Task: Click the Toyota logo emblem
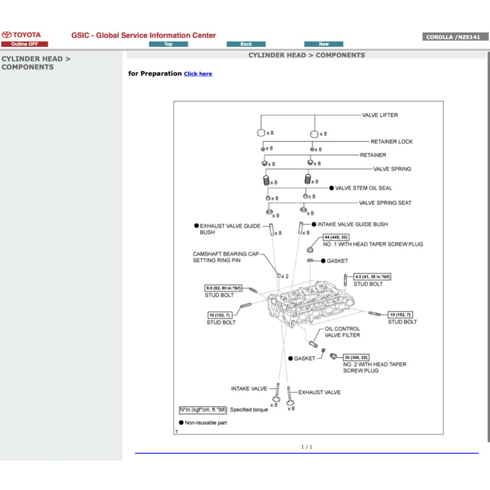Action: pos(7,35)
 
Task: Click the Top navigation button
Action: pos(168,44)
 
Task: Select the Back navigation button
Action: pos(246,44)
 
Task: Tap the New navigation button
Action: pos(323,44)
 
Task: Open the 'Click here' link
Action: pos(198,74)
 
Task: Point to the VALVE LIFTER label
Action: pos(380,115)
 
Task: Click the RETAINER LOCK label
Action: pos(391,142)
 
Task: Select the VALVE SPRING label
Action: pos(392,169)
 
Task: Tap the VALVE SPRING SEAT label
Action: pos(385,203)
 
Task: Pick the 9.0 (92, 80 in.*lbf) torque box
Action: pos(223,288)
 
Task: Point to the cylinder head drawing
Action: pos(311,306)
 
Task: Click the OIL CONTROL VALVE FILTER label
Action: pos(343,332)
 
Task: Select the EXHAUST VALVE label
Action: pos(319,392)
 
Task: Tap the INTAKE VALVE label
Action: pos(249,389)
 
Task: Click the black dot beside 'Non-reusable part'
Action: pos(181,423)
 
